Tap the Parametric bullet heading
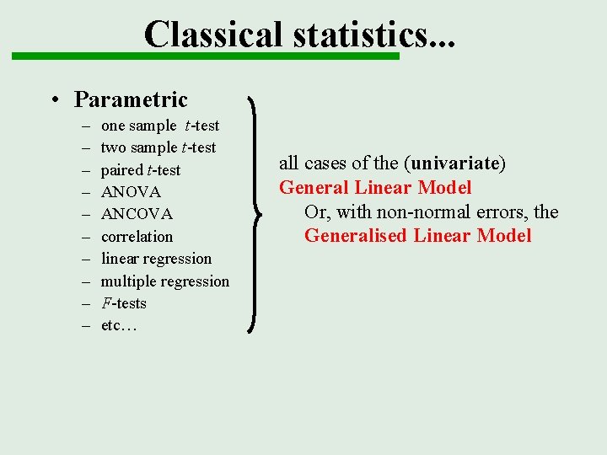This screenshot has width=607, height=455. coord(131,99)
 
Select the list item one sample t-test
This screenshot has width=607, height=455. coord(159,126)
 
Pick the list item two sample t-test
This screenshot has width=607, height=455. coord(158,147)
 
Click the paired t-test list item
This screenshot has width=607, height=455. coord(140,170)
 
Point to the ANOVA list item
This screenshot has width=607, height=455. coord(131,192)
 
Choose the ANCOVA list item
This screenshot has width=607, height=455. coord(137,214)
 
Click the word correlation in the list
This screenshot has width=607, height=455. coord(137,237)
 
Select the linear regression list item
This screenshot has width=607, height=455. coord(156,259)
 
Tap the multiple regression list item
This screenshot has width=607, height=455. coord(164,281)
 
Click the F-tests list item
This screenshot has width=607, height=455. coord(123,303)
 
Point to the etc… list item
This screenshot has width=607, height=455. coord(119,326)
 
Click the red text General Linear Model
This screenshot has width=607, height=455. coord(375,187)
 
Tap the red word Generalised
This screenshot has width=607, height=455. coord(355,235)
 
